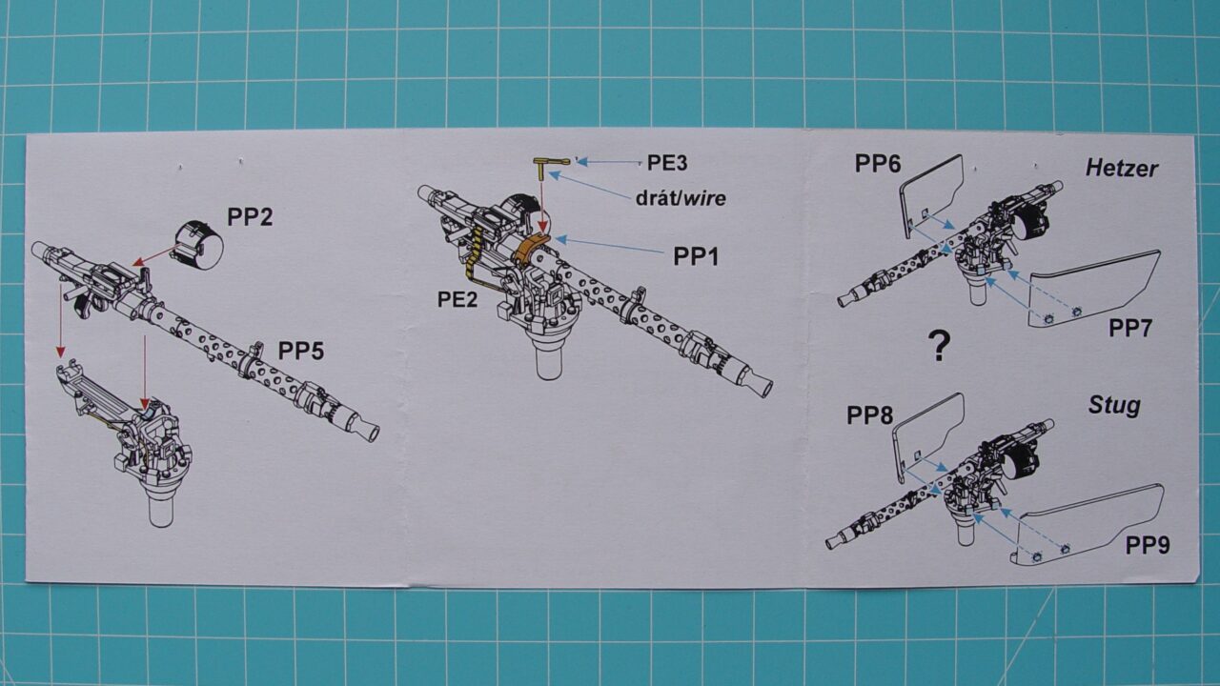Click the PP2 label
point(249,216)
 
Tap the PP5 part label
point(301,352)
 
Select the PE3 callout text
point(667,162)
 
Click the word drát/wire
point(680,198)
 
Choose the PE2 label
point(457,299)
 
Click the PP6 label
point(877,163)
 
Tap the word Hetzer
point(1122,169)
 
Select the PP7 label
point(1131,329)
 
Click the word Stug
point(1114,406)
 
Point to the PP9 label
point(1148,546)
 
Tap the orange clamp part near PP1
point(531,250)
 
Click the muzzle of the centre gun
point(760,386)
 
